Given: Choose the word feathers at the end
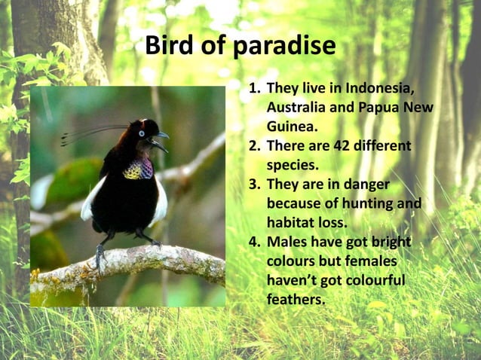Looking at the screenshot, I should tap(296, 299).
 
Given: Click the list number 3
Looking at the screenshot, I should tap(254, 185).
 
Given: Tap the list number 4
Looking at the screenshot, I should tap(254, 242).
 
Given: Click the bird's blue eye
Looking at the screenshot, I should tap(141, 134).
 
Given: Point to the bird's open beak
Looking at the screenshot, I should tap(159, 141).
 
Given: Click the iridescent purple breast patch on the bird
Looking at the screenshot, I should tap(138, 169).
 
